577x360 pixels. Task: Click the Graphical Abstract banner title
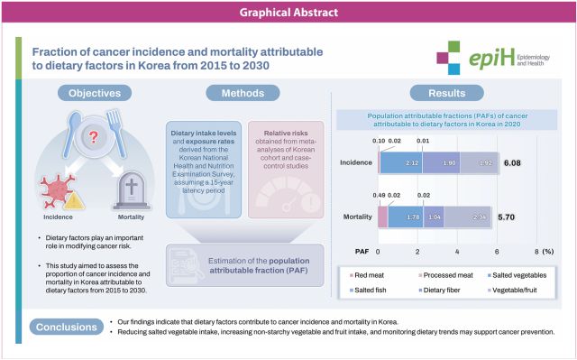tap(288, 12)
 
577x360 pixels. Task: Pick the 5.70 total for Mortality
tap(506, 217)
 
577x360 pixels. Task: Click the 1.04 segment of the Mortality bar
tap(433, 217)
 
